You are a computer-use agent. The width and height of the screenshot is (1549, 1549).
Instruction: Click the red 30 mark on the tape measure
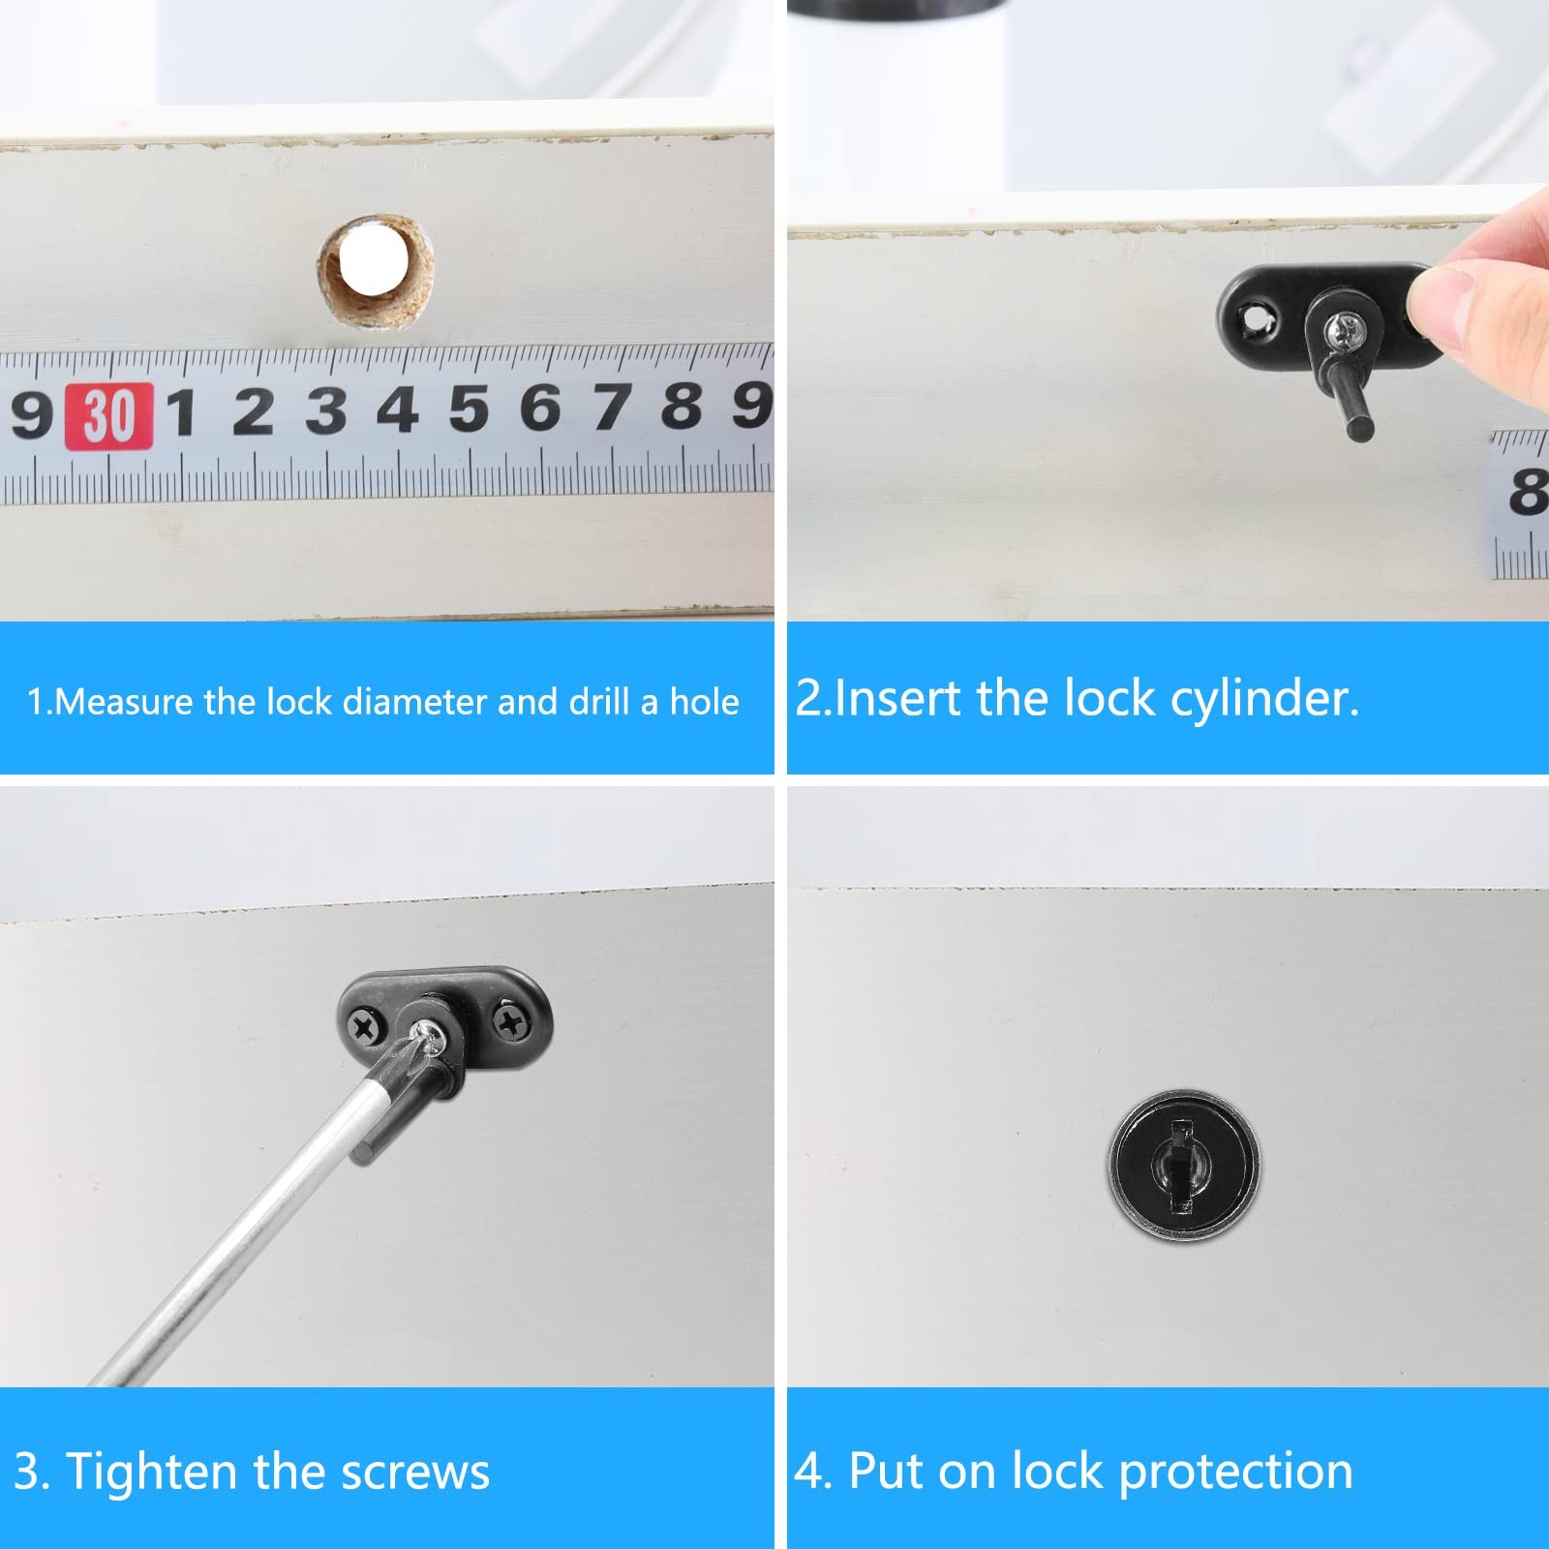pyautogui.click(x=108, y=416)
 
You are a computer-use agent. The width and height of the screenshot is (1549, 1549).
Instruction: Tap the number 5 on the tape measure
pyautogui.click(x=469, y=409)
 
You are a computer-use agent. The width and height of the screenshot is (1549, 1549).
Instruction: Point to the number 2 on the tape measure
pyautogui.click(x=253, y=411)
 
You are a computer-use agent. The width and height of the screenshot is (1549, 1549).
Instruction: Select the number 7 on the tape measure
pyautogui.click(x=611, y=407)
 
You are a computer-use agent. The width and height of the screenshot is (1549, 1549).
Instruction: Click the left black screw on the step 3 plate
pyautogui.click(x=366, y=1026)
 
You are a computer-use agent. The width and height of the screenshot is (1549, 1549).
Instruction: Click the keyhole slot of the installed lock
pyautogui.click(x=1182, y=1164)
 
